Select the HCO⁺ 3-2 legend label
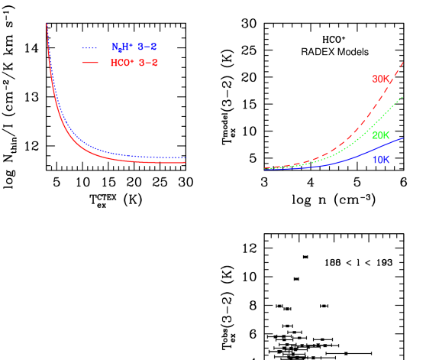point(134,63)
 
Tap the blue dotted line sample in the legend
point(91,47)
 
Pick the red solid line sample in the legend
point(91,63)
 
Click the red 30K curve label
point(381,79)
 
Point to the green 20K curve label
point(381,135)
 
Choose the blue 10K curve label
point(381,160)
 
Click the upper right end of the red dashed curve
point(402,51)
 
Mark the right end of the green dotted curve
point(402,97)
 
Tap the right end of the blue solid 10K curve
point(402,138)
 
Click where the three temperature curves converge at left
point(266,168)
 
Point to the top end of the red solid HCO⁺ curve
point(47,24)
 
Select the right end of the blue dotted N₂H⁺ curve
point(186,157)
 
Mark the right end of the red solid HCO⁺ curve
point(186,162)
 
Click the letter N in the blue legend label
point(115,47)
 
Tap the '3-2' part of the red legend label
point(149,63)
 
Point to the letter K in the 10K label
point(386,160)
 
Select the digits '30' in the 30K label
point(377,79)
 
